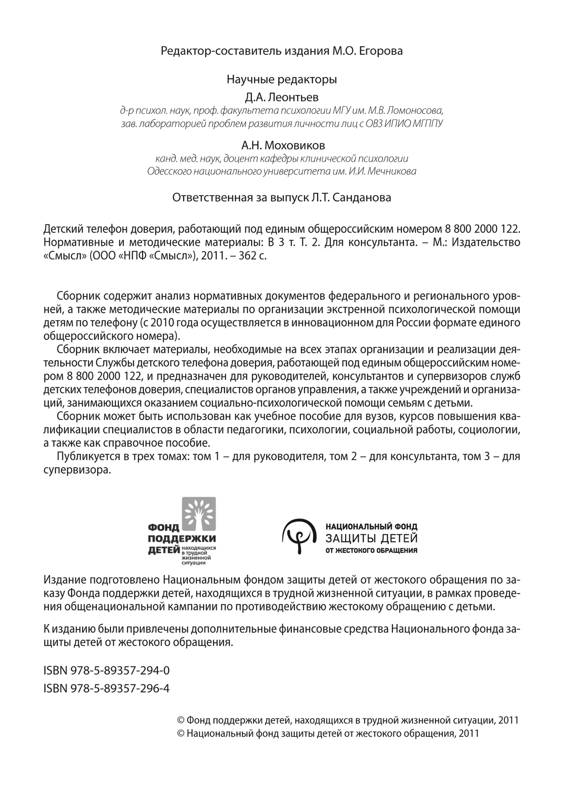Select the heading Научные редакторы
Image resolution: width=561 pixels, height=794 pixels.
click(x=281, y=80)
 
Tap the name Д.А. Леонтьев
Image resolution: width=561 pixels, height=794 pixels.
click(x=281, y=97)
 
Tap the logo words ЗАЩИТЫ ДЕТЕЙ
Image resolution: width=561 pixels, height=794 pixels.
click(x=371, y=539)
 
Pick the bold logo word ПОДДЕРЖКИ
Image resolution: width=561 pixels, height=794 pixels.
click(x=182, y=539)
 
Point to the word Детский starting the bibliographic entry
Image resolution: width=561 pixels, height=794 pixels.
click(x=61, y=229)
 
